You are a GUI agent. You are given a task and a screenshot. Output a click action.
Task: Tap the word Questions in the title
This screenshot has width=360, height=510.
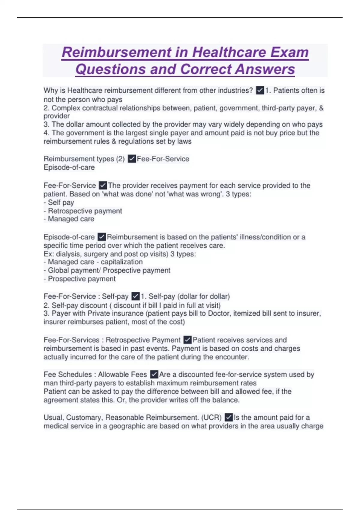click(x=110, y=69)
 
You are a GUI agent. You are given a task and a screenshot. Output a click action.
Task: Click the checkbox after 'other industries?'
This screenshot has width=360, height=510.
click(x=260, y=90)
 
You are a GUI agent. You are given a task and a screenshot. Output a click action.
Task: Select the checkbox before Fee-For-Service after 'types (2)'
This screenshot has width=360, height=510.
click(x=132, y=159)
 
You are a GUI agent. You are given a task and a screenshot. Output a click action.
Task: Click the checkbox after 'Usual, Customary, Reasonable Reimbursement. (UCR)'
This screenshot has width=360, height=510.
click(x=229, y=417)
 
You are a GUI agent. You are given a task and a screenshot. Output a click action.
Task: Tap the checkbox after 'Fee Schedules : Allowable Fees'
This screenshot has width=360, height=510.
click(x=154, y=374)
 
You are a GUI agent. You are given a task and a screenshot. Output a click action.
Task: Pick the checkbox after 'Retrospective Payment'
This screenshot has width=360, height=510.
click(x=187, y=340)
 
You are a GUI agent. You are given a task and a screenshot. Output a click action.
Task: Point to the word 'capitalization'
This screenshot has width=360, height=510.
click(x=121, y=262)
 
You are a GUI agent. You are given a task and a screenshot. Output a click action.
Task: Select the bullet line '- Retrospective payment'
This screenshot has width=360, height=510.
click(x=83, y=211)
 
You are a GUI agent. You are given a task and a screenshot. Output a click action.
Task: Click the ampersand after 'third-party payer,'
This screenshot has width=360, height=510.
click(x=321, y=108)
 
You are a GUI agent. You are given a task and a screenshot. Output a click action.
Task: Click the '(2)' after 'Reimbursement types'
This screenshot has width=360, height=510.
click(x=120, y=159)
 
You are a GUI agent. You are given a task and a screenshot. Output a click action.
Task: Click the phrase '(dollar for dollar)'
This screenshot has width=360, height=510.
click(x=204, y=296)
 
